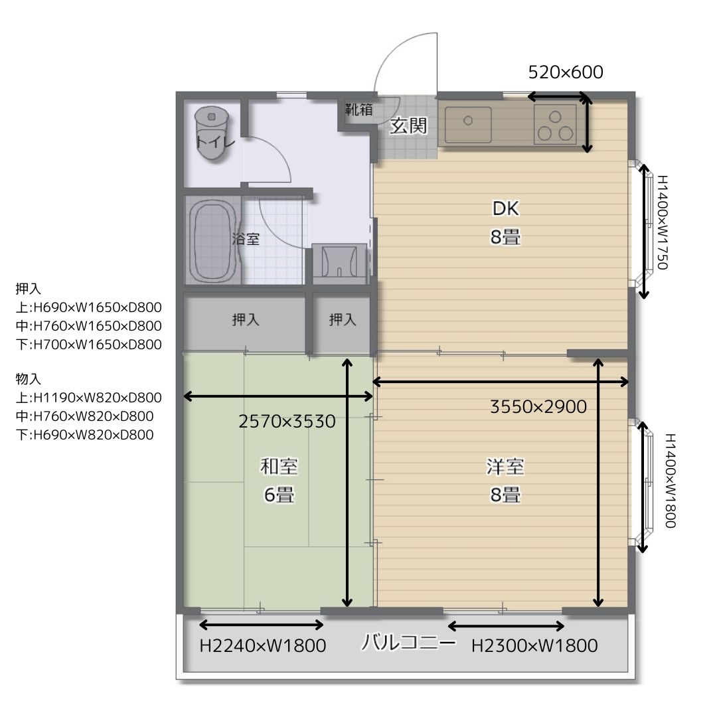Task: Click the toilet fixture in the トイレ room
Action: [x=211, y=133]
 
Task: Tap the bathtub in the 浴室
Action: [x=212, y=240]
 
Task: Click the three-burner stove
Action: [x=555, y=124]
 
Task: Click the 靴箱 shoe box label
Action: [x=359, y=110]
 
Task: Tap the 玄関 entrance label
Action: [x=408, y=125]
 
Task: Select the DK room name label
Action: [x=505, y=208]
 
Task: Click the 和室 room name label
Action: [x=279, y=467]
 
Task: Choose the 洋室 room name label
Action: [x=505, y=467]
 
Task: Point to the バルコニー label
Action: [x=409, y=642]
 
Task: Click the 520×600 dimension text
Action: [x=566, y=72]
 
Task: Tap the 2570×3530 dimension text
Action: [x=287, y=421]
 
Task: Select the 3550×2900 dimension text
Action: [x=538, y=406]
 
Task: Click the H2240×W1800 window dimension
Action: [x=263, y=646]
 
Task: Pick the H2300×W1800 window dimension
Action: [x=534, y=646]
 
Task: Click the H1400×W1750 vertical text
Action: [x=663, y=222]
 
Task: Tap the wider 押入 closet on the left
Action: [x=245, y=323]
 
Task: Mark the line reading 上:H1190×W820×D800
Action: [x=89, y=398]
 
